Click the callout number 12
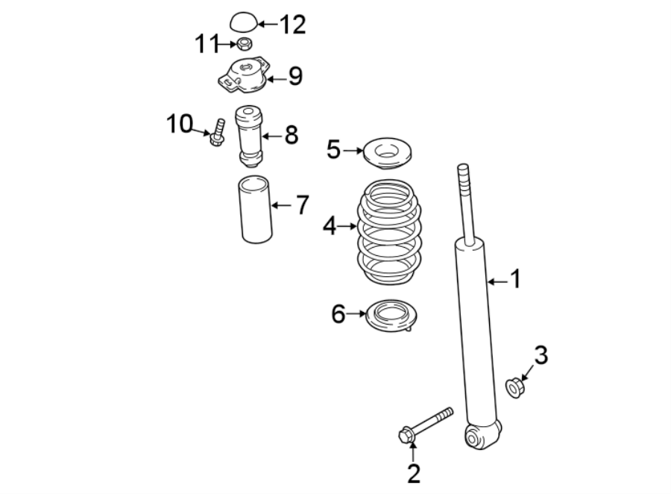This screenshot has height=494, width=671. (x=292, y=25)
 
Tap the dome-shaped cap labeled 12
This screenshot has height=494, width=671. (x=242, y=22)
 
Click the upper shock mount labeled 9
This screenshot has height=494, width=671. (x=243, y=75)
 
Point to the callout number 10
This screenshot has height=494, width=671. (x=179, y=124)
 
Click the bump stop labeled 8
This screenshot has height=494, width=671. (x=249, y=135)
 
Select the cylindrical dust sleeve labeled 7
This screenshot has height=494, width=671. (x=253, y=209)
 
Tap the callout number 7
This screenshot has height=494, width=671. (x=300, y=205)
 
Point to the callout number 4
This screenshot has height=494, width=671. (x=330, y=225)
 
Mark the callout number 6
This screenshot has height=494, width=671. (x=338, y=315)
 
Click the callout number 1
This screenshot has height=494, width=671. (x=514, y=280)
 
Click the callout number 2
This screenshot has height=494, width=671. (x=413, y=472)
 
